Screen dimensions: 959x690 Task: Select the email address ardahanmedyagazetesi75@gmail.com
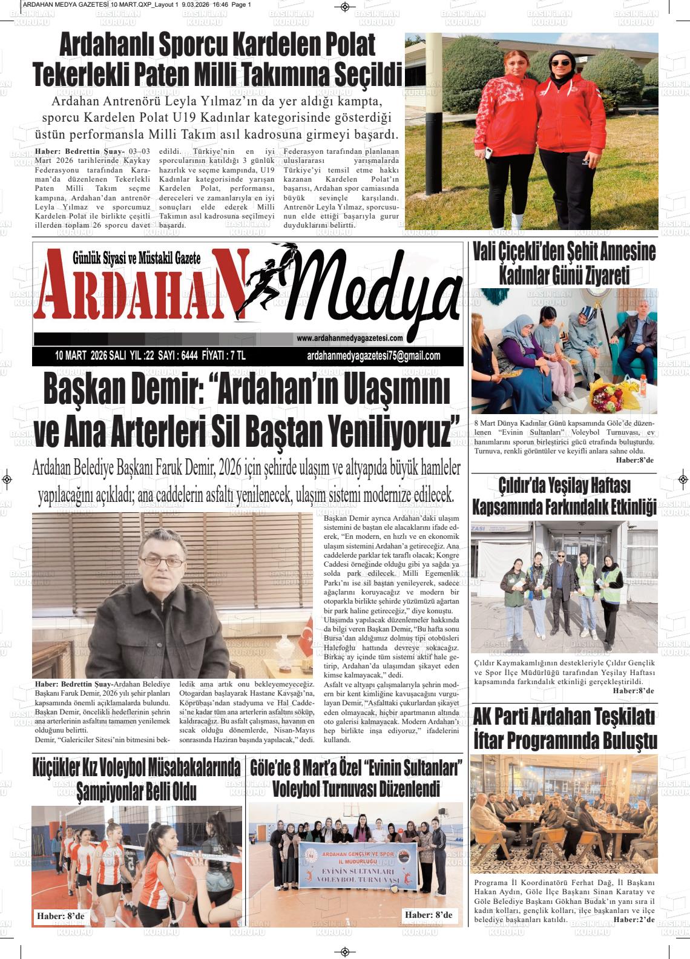coord(373,356)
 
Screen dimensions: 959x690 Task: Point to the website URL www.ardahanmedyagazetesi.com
coord(350,338)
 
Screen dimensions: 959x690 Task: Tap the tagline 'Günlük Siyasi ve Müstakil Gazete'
coord(136,258)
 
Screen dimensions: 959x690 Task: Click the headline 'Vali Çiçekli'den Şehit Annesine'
coord(563,251)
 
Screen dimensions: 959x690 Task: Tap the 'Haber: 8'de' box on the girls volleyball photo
coord(61,916)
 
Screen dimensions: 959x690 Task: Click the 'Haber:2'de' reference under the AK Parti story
coord(634,920)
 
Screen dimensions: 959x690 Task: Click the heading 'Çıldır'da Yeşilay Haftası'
coord(564,485)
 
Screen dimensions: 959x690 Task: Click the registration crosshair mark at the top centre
coord(345,7)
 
